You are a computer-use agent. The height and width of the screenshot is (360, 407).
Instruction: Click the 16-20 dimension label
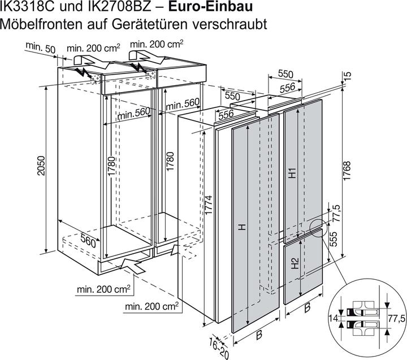tap(216, 346)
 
